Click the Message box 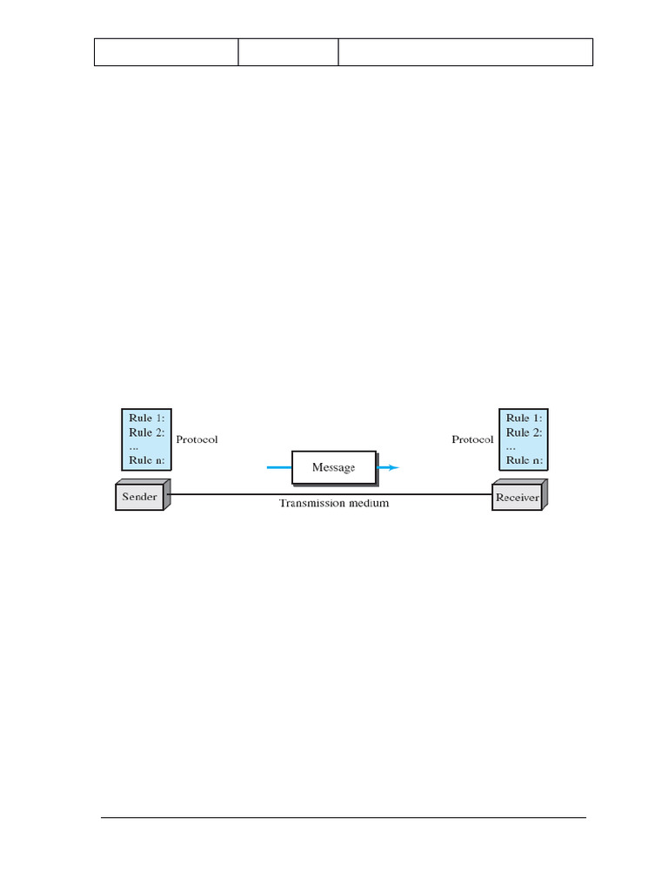(333, 467)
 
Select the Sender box (141, 498)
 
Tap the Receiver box (518, 498)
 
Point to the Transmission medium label (334, 503)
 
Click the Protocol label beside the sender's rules (197, 439)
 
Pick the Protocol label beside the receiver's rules (472, 439)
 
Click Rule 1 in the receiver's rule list (524, 419)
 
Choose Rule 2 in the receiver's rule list (524, 432)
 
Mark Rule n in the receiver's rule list (524, 460)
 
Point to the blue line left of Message (278, 467)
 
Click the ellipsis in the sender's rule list (134, 446)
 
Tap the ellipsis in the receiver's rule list (511, 446)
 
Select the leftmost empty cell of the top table (166, 52)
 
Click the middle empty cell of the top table (288, 52)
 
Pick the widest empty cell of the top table (465, 52)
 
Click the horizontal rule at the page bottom (344, 818)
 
